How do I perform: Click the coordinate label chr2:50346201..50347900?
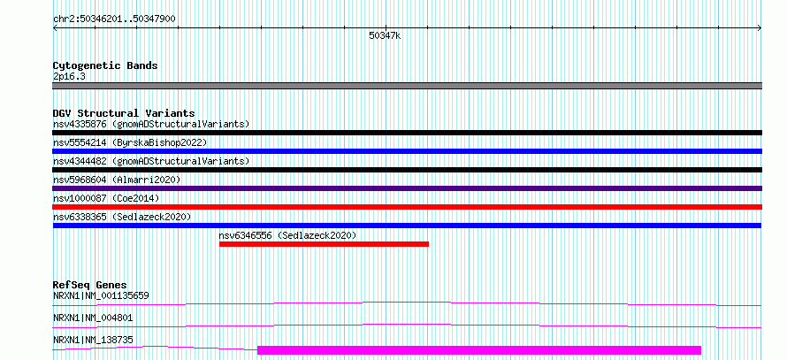point(114,19)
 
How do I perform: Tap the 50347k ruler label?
point(385,35)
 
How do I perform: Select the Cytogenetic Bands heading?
point(105,65)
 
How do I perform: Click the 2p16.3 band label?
point(70,76)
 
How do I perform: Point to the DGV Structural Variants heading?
point(124,113)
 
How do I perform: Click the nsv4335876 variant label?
point(151,124)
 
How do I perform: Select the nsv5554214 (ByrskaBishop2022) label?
point(130,142)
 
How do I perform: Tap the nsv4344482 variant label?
point(151,161)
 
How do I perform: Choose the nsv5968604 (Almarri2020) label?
point(117,180)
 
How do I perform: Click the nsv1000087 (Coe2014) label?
point(106,198)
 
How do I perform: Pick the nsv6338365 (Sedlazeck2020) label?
point(122,217)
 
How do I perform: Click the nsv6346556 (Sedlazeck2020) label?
point(287,235)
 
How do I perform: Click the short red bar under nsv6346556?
point(324,244)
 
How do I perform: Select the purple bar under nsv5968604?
point(408,188)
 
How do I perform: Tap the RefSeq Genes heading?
point(90,285)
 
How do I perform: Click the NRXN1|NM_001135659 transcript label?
point(101,295)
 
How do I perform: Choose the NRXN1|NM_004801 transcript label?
point(93,318)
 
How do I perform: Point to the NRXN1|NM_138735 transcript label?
point(93,340)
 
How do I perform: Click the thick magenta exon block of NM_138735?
point(478,350)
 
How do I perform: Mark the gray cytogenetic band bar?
point(408,86)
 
